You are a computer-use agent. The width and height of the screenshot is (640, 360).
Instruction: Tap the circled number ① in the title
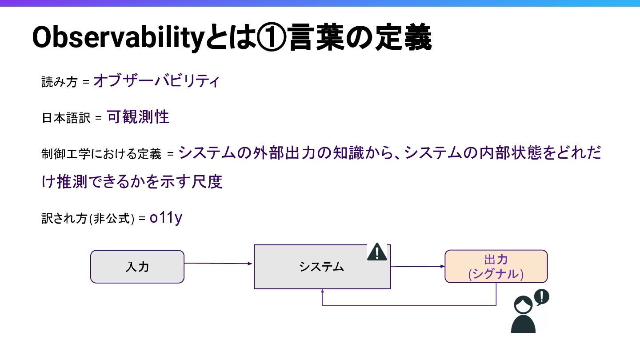268,39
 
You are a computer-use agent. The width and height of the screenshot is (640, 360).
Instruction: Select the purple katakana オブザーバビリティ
156,81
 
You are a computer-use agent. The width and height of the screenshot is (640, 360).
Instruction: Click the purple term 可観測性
138,117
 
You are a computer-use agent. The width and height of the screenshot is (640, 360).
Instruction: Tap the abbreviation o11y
166,218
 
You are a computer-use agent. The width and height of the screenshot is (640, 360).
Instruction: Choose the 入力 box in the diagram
137,267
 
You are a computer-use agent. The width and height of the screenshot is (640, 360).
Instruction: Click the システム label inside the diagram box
322,267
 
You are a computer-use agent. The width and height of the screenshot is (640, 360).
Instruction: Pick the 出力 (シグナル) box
496,267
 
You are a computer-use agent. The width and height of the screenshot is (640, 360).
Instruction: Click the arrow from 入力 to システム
218,264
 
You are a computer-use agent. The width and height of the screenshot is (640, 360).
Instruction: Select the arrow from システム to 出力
417,267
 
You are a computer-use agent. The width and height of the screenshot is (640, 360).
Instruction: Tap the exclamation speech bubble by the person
541,297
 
